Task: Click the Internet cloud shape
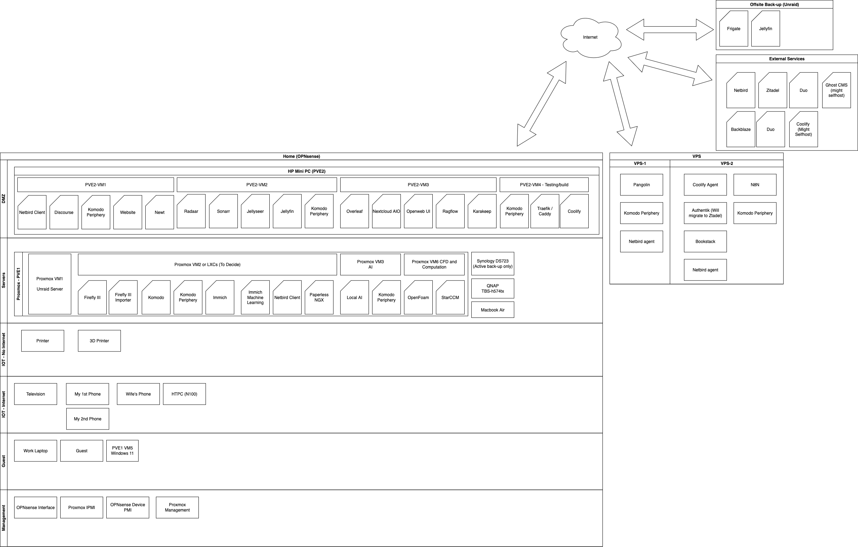coord(591,38)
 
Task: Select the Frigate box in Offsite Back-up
coord(734,28)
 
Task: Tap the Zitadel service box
coord(773,90)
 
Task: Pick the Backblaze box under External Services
coord(741,129)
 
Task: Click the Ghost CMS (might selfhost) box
coord(836,90)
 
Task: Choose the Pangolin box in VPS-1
coord(641,185)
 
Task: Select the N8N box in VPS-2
coord(755,185)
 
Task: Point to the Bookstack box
coord(705,242)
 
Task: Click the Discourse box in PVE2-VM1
coord(64,212)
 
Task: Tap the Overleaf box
coord(354,211)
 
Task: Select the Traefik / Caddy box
coord(545,211)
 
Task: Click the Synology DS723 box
coord(492,264)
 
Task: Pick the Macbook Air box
coord(492,310)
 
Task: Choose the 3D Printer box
coord(100,341)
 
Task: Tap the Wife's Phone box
coord(138,394)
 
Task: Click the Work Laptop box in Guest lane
coord(36,451)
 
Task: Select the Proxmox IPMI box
coord(82,507)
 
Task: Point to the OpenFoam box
coord(418,297)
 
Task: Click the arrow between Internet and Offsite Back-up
coord(670,29)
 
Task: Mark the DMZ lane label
coord(4,199)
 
